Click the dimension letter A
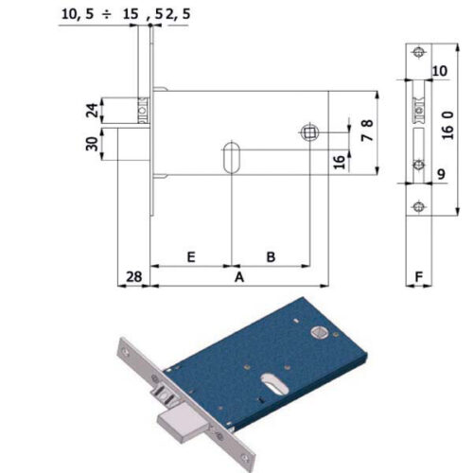tap(239, 277)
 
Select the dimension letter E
tap(191, 257)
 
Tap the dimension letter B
tap(271, 257)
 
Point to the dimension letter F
tap(419, 277)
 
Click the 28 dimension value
tap(134, 277)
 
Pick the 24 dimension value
tap(92, 111)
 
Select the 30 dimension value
tap(92, 144)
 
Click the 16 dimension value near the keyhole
tap(340, 162)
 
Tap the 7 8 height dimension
tap(367, 131)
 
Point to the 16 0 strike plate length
tap(447, 125)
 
